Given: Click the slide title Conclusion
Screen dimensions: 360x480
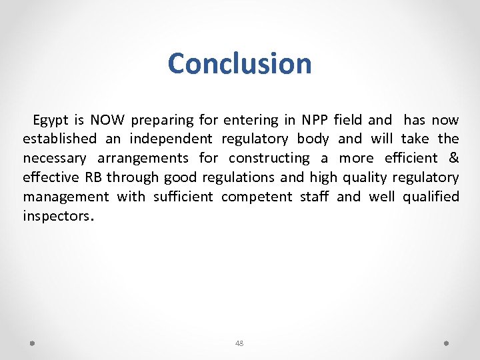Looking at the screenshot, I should point(240,64).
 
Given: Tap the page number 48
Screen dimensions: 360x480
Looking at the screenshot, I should point(239,343).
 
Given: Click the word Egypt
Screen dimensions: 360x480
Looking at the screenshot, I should point(51,121).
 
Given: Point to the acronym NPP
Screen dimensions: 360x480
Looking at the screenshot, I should point(315,121).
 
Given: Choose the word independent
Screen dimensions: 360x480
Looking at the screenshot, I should point(171,139).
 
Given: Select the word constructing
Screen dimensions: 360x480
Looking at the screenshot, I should point(269,159).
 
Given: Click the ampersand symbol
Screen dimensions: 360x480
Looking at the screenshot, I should point(454,159).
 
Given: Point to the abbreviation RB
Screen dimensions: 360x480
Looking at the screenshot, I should point(93,177).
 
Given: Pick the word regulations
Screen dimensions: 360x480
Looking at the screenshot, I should point(233,177).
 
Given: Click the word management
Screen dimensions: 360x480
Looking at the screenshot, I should point(66,197).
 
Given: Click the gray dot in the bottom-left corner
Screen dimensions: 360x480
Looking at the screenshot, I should point(32,343).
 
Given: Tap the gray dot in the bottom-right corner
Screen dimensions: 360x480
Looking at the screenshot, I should point(446,343).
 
